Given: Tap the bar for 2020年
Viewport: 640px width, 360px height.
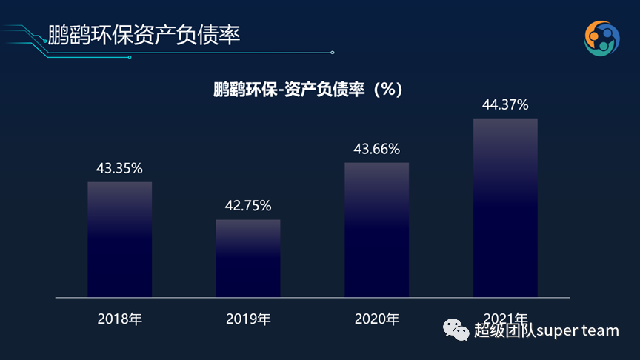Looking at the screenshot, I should click(x=376, y=230).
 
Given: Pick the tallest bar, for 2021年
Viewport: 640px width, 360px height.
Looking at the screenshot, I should click(x=505, y=207).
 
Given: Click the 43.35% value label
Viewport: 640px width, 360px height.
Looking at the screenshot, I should click(x=119, y=168).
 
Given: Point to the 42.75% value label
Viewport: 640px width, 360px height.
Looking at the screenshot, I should click(x=248, y=205).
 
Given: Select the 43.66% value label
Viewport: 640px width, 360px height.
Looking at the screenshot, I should click(x=376, y=149).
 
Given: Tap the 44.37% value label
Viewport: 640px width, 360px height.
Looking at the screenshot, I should click(x=505, y=104).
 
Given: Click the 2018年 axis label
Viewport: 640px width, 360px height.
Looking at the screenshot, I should click(x=119, y=319).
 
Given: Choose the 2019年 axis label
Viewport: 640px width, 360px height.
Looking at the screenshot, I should click(x=248, y=319).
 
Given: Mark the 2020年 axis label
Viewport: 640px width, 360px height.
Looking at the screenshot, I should click(x=376, y=319).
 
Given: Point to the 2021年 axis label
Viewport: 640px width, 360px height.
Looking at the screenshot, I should click(x=505, y=316).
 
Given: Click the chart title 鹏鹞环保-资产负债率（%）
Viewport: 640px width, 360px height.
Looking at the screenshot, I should click(x=307, y=90).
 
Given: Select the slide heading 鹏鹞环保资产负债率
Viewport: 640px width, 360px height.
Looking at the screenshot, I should click(x=144, y=34).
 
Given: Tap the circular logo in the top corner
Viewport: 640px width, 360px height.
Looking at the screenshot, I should click(x=601, y=38).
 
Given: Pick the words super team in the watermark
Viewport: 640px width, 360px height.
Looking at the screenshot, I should click(x=577, y=330).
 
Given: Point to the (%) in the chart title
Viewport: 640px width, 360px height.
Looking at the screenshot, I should click(x=386, y=90).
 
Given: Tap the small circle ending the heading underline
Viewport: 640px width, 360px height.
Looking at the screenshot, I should click(x=333, y=52).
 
